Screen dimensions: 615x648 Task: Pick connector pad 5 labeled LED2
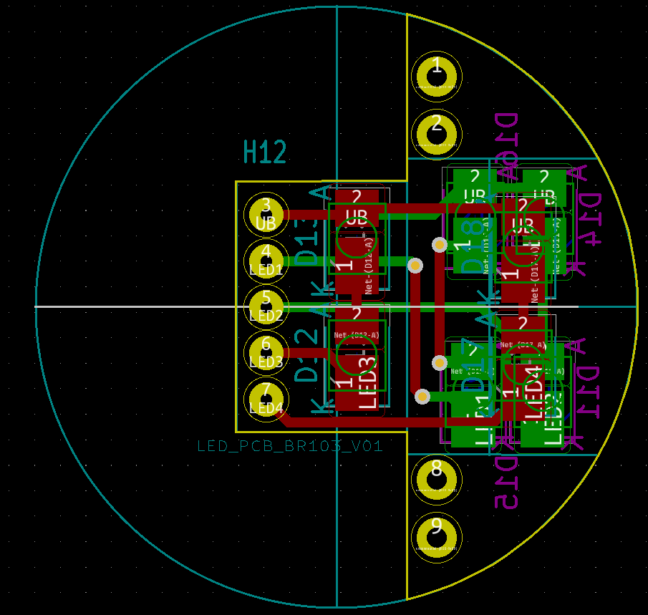click(x=266, y=306)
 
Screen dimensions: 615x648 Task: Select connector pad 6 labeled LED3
click(x=266, y=352)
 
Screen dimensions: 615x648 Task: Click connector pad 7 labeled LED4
click(x=266, y=399)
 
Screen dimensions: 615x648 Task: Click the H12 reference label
click(x=265, y=152)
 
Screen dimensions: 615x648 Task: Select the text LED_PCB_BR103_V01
click(x=290, y=446)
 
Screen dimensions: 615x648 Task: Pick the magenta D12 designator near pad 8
click(x=507, y=481)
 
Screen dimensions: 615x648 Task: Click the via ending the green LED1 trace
click(x=415, y=266)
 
